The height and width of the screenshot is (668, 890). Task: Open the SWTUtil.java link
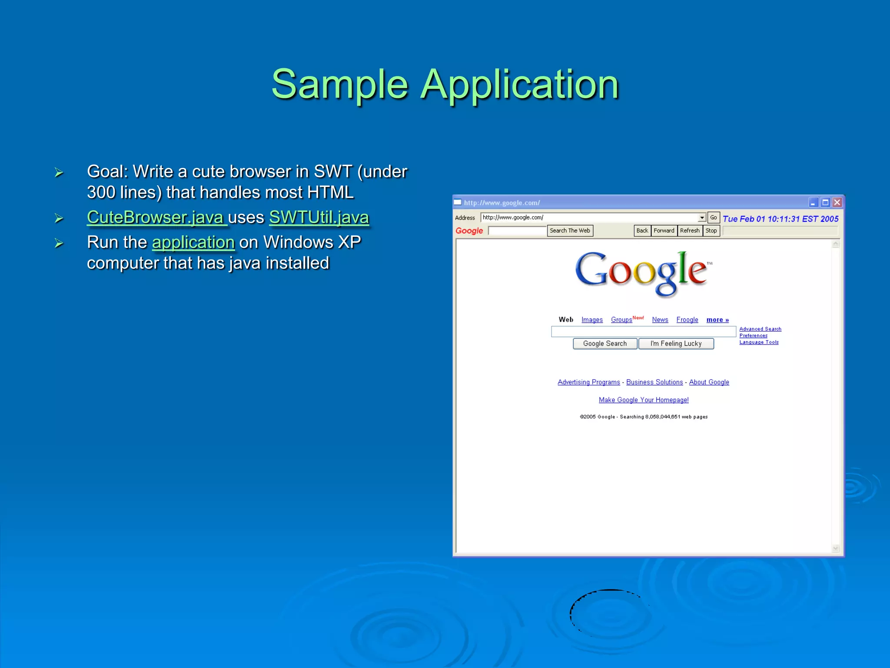pos(319,217)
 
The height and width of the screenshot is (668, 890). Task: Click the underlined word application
pos(193,242)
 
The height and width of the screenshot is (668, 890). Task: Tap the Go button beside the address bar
pos(713,217)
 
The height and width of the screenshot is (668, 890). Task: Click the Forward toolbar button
pos(664,230)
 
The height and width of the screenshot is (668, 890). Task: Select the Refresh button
pos(690,230)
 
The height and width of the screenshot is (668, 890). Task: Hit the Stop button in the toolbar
pos(711,230)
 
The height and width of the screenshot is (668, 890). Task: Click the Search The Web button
pos(570,230)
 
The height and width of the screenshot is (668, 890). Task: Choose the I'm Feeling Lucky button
pos(676,344)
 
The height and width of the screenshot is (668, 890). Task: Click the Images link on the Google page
pos(592,320)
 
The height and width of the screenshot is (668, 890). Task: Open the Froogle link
pos(687,320)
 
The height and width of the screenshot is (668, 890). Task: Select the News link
pos(660,320)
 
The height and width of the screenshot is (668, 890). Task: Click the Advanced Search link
pos(760,329)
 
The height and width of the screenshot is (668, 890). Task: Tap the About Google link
pos(709,382)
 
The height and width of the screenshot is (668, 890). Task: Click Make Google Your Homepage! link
pos(644,400)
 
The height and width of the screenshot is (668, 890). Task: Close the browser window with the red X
pos(837,203)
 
